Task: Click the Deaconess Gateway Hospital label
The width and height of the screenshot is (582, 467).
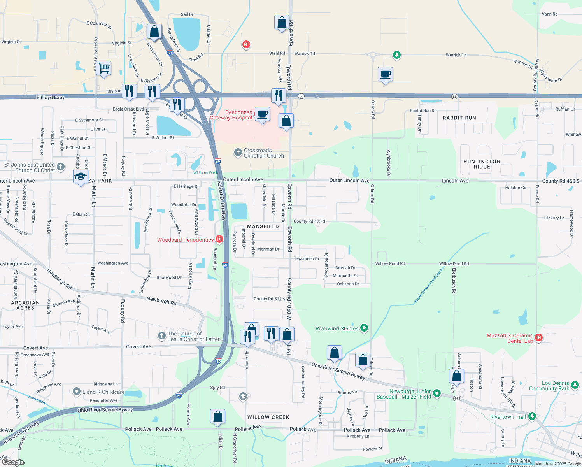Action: [231, 115]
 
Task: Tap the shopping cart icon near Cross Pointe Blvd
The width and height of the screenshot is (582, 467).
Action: [103, 68]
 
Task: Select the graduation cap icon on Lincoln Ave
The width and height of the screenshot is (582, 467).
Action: [81, 177]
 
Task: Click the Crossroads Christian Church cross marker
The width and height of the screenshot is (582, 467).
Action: [238, 153]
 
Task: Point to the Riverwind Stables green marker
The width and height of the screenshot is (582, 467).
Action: [364, 328]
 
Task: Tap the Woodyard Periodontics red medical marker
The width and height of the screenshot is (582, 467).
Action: [219, 239]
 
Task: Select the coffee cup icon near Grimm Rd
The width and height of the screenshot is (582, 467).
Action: [385, 74]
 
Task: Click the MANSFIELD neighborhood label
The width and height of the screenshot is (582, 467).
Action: [263, 226]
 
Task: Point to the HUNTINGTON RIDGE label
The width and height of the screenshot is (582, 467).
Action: [482, 164]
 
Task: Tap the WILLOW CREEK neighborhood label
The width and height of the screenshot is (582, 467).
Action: [268, 417]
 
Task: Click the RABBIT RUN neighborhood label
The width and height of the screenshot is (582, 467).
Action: [459, 118]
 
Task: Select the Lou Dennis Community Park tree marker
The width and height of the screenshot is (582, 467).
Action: [574, 386]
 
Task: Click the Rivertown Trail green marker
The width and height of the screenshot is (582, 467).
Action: [532, 416]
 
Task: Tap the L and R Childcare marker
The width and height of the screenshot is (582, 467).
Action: [77, 392]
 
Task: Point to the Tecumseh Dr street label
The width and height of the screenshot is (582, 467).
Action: [306, 258]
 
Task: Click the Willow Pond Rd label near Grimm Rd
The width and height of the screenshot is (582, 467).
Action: [390, 263]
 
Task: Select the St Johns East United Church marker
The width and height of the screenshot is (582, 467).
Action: [61, 167]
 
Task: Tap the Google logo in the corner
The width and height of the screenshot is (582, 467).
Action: [13, 462]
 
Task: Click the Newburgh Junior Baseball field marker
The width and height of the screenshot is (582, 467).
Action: [436, 394]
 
